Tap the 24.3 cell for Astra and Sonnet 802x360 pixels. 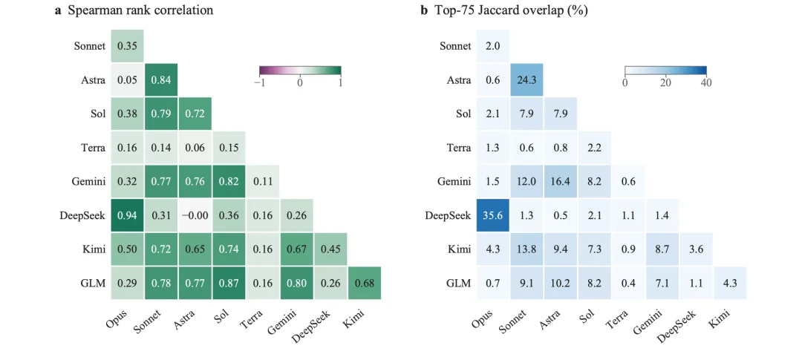coord(526,79)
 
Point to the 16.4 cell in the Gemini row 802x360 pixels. coord(560,182)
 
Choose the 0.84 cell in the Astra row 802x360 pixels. coord(160,79)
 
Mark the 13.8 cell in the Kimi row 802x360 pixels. coord(526,249)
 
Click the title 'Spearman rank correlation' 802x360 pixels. coord(140,10)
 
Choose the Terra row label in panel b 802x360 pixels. coord(458,148)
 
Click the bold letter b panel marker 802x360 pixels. coord(423,10)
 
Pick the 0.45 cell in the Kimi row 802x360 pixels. coord(330,249)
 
